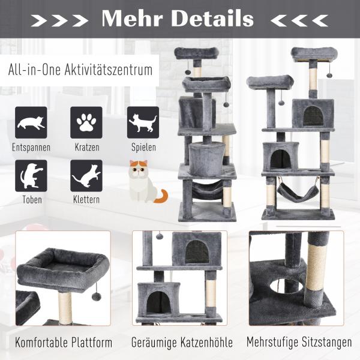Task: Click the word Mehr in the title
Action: [133, 19]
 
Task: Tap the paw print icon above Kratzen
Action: [86, 122]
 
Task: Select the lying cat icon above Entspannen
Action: [31, 122]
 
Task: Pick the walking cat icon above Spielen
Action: [143, 122]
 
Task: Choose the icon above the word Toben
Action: [31, 176]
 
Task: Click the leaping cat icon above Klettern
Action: [86, 176]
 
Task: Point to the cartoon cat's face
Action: [139, 169]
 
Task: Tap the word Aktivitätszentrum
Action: [109, 70]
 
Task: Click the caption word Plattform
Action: [92, 343]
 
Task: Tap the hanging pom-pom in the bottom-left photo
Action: [97, 296]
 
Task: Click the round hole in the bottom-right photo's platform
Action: [286, 286]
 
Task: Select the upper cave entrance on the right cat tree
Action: [313, 116]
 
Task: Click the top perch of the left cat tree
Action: [196, 53]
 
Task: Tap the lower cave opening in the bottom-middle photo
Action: [158, 301]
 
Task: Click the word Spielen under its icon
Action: [143, 147]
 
